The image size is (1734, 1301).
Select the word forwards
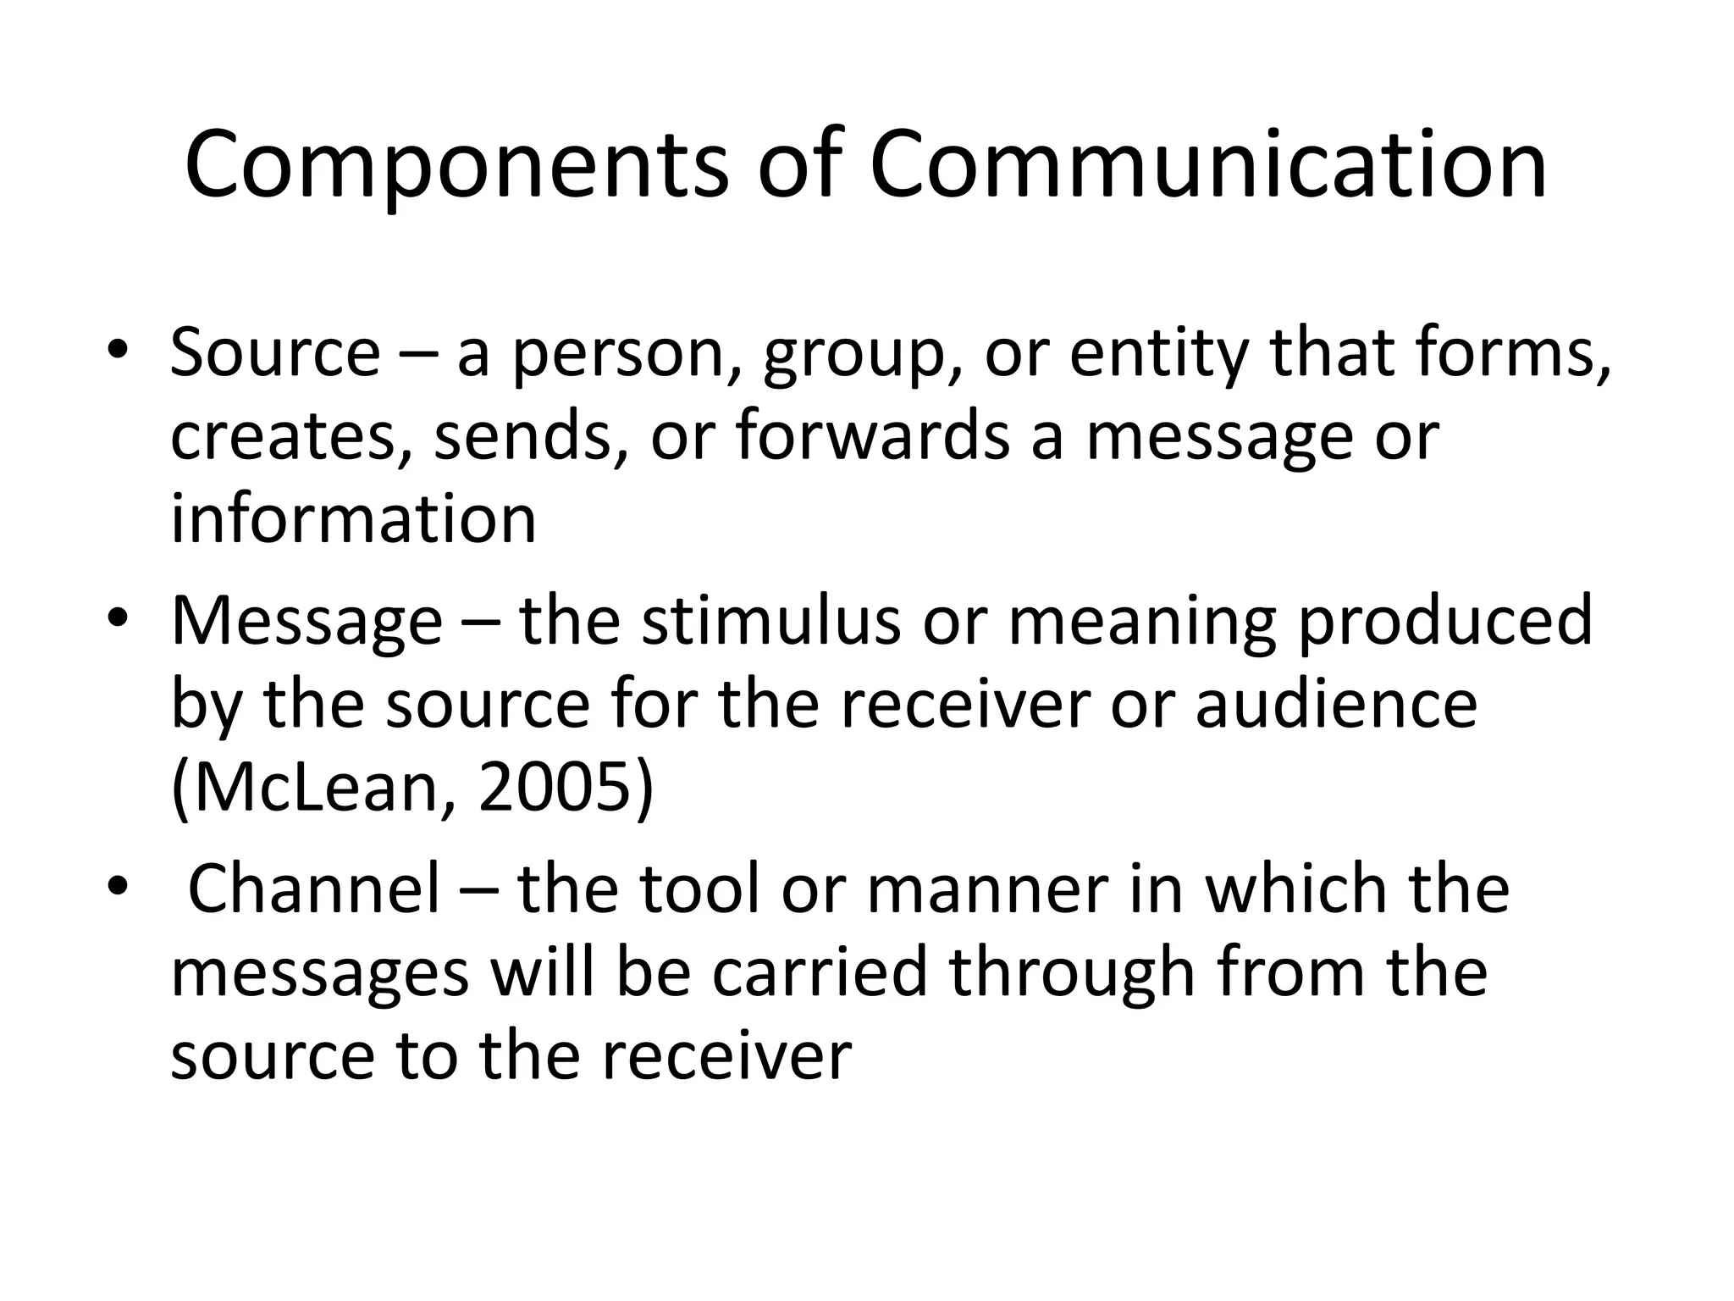872,435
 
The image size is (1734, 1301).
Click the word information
354,518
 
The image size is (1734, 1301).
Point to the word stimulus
770,621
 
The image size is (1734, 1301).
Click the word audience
1337,704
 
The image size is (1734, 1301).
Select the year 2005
555,787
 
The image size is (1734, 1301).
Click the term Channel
314,889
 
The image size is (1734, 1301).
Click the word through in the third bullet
1072,972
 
